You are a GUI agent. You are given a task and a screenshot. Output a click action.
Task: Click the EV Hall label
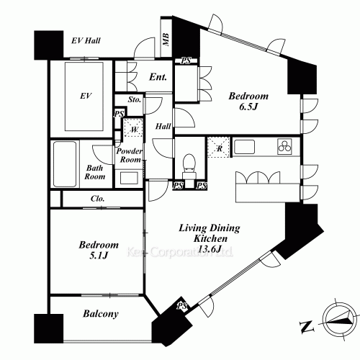click(86, 40)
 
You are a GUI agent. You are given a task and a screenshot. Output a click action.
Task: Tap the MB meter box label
click(166, 40)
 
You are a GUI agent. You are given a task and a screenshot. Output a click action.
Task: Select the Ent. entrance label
click(158, 77)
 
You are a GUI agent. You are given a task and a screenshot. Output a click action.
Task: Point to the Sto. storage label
click(134, 99)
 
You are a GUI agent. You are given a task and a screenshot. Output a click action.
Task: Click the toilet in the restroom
click(189, 166)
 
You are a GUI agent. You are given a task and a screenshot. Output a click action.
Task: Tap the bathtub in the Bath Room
click(65, 164)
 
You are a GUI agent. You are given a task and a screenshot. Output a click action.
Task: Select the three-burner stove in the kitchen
click(284, 146)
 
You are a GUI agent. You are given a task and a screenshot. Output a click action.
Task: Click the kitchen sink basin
click(244, 147)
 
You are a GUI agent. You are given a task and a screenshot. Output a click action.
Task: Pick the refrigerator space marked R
click(218, 147)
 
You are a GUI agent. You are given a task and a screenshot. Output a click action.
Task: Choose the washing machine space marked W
click(133, 127)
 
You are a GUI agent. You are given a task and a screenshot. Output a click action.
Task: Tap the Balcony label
click(101, 314)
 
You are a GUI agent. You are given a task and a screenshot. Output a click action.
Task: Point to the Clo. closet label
click(98, 199)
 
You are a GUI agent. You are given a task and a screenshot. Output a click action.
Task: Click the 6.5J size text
click(248, 107)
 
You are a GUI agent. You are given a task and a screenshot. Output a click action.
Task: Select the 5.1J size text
click(99, 256)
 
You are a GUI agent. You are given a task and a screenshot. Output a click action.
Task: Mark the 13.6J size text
click(210, 249)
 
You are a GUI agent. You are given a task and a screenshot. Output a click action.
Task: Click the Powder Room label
click(130, 156)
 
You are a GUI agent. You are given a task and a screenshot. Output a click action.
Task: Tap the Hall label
click(163, 126)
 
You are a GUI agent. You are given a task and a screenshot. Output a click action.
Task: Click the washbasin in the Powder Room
click(129, 178)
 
